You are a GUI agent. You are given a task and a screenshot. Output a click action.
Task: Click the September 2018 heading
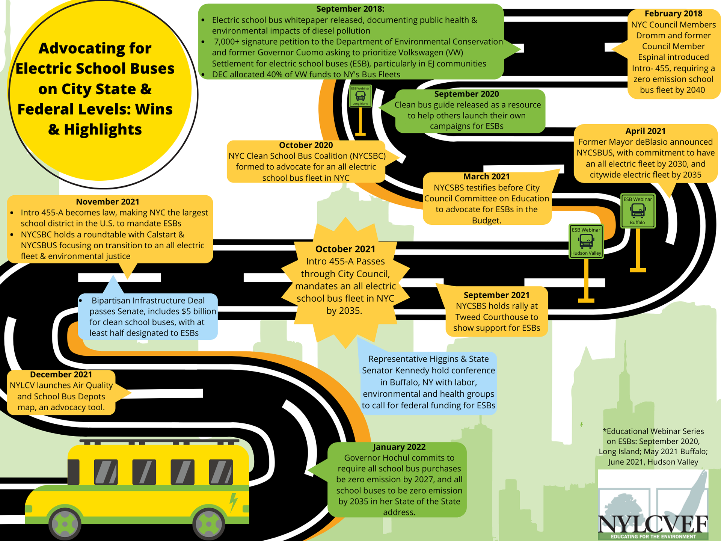coord(350,9)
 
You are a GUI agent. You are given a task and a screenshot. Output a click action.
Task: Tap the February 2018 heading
coord(673,14)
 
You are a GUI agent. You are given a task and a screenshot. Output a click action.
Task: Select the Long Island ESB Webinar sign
coord(360,96)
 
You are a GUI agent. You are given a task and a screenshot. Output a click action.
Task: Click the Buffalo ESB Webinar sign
coord(638,211)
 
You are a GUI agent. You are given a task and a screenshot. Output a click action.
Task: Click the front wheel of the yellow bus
coord(208,524)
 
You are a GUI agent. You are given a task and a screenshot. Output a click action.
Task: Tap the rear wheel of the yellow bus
coord(65,524)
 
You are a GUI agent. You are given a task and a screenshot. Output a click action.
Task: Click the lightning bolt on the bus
coord(234,502)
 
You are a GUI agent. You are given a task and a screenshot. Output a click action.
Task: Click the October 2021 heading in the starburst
coord(345,249)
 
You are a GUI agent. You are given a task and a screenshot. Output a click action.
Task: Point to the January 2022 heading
coord(399,447)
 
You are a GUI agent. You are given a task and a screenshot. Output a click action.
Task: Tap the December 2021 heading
coord(61,375)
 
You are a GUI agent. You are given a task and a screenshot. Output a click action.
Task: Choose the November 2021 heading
coord(107,202)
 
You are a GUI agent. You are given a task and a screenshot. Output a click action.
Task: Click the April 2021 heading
coord(645,131)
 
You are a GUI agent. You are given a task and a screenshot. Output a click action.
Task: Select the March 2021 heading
coord(486,177)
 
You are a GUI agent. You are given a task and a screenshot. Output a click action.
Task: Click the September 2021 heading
coord(496,295)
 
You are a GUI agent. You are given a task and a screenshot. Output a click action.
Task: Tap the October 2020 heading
coord(306,145)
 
